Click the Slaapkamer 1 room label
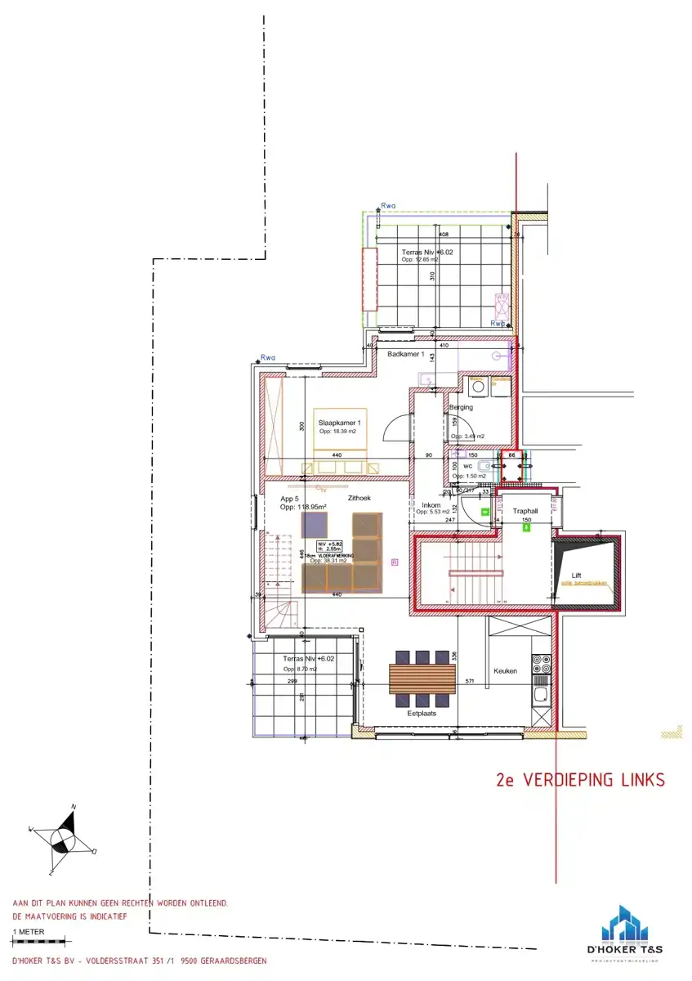(x=338, y=423)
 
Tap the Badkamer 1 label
(x=406, y=354)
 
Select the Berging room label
(x=461, y=407)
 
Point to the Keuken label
(x=505, y=670)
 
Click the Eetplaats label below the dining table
(x=422, y=713)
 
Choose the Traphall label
(x=525, y=511)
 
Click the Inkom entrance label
(x=430, y=505)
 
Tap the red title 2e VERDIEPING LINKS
(x=581, y=780)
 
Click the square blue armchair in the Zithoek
(x=315, y=525)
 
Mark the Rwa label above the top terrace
(x=388, y=206)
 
